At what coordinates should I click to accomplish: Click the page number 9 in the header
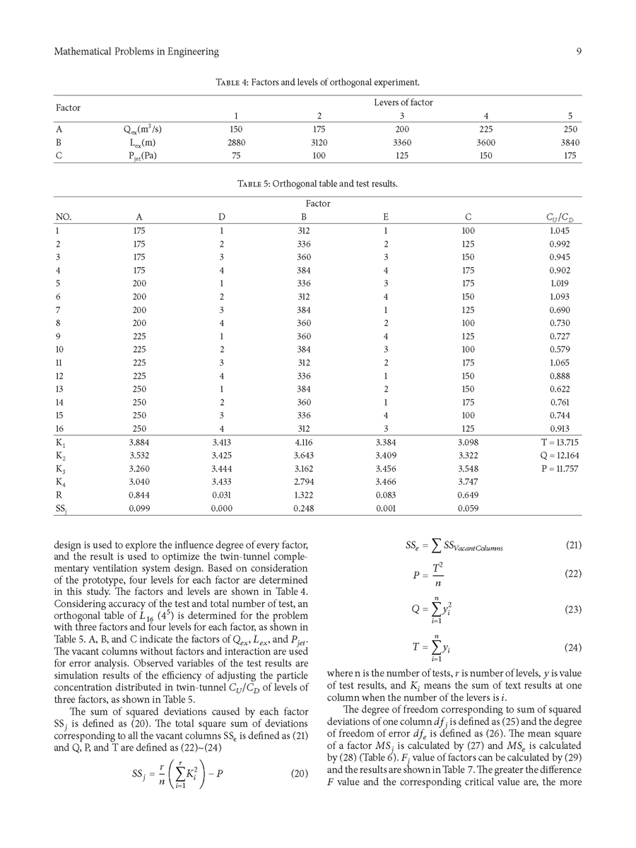coord(578,52)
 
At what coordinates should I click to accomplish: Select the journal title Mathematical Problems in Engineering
coord(136,52)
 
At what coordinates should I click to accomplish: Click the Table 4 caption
coord(317,83)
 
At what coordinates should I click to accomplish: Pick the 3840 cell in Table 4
coord(569,143)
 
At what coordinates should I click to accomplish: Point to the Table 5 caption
coord(317,184)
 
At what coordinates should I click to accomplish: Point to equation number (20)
coord(300,773)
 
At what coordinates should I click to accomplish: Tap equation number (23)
coord(573,608)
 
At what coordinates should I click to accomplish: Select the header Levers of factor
coord(404,102)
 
